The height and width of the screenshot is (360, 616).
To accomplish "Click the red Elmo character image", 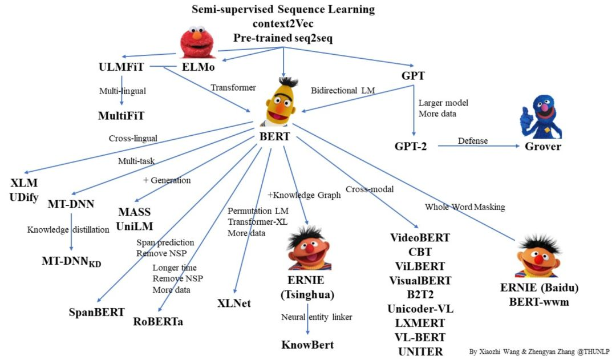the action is pyautogui.click(x=197, y=42).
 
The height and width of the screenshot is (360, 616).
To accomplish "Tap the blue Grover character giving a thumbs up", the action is pyautogui.click(x=541, y=117).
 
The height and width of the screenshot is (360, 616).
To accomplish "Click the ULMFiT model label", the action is pyautogui.click(x=121, y=67).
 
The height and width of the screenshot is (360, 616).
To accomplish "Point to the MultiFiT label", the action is pyautogui.click(x=121, y=116).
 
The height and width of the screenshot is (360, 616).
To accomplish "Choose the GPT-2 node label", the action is pyautogui.click(x=411, y=147).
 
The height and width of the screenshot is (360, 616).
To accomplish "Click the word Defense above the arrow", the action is pyautogui.click(x=473, y=141).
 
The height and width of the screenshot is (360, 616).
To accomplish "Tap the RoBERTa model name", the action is pyautogui.click(x=158, y=321).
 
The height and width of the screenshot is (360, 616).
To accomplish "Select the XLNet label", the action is pyautogui.click(x=234, y=303).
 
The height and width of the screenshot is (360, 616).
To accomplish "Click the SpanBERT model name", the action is pyautogui.click(x=96, y=312).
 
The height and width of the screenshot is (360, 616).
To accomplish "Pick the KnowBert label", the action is pyautogui.click(x=307, y=345).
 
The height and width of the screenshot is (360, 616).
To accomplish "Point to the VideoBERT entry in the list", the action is pyautogui.click(x=420, y=237).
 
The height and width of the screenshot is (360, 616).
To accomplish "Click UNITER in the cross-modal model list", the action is pyautogui.click(x=420, y=351).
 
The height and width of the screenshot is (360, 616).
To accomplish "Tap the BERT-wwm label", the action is pyautogui.click(x=539, y=302).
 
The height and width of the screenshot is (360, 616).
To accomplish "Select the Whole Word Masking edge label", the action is pyautogui.click(x=465, y=207).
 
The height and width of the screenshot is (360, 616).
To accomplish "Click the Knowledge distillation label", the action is pyautogui.click(x=68, y=229).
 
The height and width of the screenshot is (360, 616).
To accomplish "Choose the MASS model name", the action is pyautogui.click(x=135, y=212).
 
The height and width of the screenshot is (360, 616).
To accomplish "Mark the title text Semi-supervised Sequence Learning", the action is pyautogui.click(x=283, y=10).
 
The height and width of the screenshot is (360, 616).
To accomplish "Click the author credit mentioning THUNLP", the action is pyautogui.click(x=540, y=351).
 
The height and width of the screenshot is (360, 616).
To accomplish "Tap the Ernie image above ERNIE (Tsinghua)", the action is pyautogui.click(x=310, y=248).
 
